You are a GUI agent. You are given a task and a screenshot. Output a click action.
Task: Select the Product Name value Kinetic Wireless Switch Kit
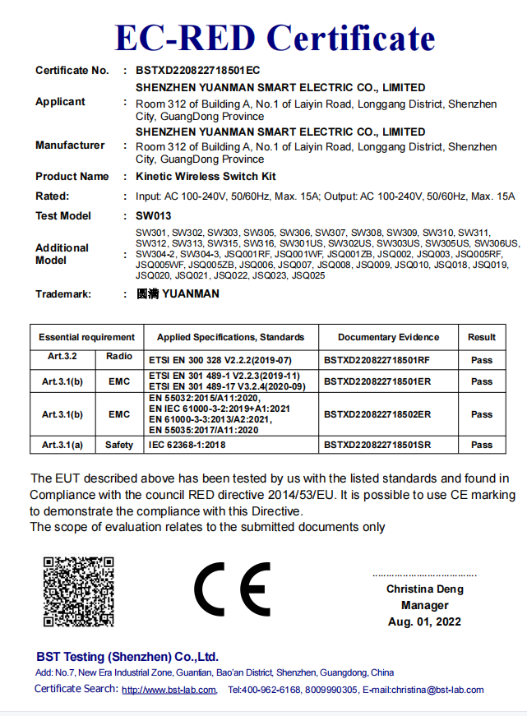[x=206, y=177]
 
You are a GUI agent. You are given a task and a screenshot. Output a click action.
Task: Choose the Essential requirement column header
[x=86, y=337]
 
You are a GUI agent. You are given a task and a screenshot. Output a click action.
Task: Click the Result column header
[x=482, y=337]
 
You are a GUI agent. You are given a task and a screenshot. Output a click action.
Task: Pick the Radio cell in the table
[x=119, y=357]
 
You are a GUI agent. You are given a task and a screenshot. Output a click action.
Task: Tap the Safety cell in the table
[x=119, y=445]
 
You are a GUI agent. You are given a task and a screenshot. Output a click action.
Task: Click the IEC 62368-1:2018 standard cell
[x=187, y=445]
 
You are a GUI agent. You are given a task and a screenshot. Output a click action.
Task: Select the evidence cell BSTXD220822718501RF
[x=377, y=360]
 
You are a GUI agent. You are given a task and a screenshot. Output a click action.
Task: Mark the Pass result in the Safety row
[x=482, y=445]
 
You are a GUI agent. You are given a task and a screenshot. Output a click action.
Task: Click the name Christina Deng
[x=425, y=589]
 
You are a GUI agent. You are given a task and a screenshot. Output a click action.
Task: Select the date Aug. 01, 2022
[x=425, y=621]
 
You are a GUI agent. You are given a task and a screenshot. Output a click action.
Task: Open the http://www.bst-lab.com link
[x=169, y=691]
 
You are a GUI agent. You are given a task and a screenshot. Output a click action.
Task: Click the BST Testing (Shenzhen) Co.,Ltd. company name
[x=127, y=657]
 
